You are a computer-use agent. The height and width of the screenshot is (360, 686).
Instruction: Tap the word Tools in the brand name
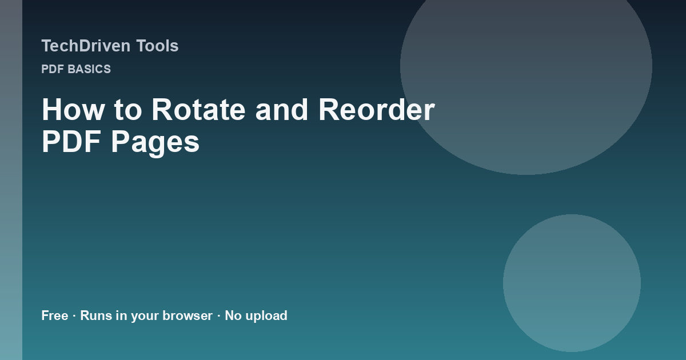click(x=157, y=46)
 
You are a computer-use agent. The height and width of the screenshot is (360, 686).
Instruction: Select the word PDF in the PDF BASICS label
click(x=53, y=69)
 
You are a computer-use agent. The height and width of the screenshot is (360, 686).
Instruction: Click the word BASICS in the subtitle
click(x=89, y=69)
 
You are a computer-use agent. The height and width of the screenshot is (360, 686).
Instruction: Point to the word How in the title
click(x=73, y=110)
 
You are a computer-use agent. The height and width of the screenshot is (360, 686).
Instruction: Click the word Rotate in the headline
click(x=198, y=110)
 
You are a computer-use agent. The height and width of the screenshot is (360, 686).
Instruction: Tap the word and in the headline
click(x=282, y=110)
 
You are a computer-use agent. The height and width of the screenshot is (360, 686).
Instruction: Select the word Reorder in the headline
click(x=377, y=110)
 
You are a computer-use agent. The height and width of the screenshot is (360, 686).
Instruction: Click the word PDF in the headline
click(x=71, y=142)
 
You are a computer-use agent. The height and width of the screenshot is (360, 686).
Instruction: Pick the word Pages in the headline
click(x=155, y=143)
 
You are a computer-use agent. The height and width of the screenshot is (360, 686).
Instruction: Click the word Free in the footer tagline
click(x=55, y=315)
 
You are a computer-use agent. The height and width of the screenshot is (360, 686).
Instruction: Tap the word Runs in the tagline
click(x=96, y=315)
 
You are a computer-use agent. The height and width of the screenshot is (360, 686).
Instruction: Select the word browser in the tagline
click(x=188, y=315)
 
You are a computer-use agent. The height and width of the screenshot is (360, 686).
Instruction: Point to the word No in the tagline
click(x=233, y=315)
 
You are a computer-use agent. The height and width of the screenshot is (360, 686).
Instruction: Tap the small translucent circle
click(x=572, y=283)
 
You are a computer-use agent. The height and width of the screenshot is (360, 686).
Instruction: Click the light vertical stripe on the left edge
click(x=11, y=180)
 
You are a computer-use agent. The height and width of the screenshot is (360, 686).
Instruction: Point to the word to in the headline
click(x=128, y=110)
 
